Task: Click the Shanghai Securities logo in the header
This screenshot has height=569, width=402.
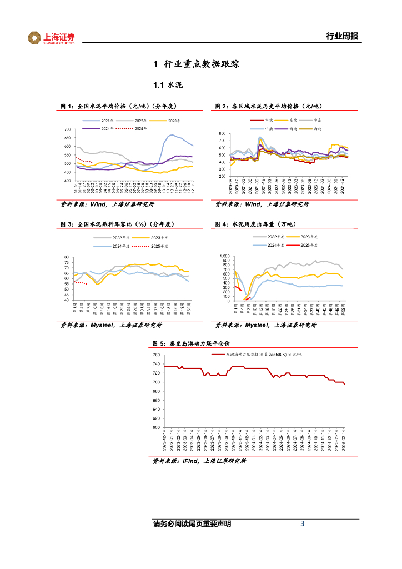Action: [x=51, y=38]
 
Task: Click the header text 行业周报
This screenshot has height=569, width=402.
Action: [x=341, y=37]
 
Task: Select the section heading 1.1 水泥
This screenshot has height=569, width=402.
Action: [x=168, y=86]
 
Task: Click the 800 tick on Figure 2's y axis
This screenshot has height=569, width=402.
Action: [x=223, y=134]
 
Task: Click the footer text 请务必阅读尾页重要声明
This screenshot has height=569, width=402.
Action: [x=192, y=524]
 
